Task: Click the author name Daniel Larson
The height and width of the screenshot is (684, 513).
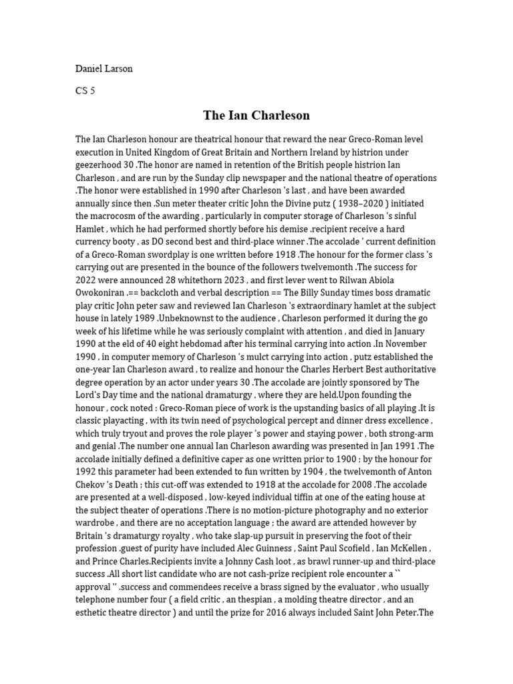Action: click(104, 69)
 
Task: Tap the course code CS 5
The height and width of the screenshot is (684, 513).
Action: click(85, 91)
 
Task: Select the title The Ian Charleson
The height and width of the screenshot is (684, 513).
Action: click(256, 116)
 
